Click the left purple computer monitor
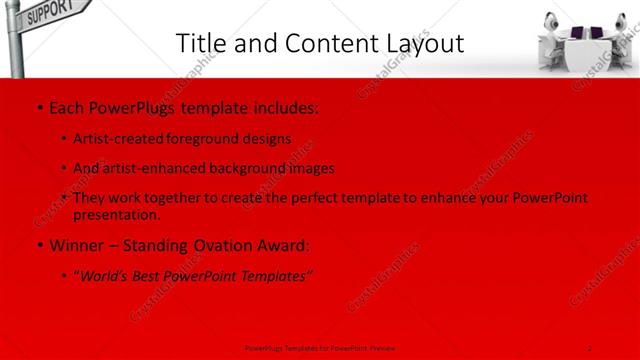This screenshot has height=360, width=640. (577, 36)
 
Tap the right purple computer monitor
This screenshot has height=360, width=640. (598, 36)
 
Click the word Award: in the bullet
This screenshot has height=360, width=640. (283, 245)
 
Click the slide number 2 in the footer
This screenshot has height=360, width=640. (590, 348)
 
